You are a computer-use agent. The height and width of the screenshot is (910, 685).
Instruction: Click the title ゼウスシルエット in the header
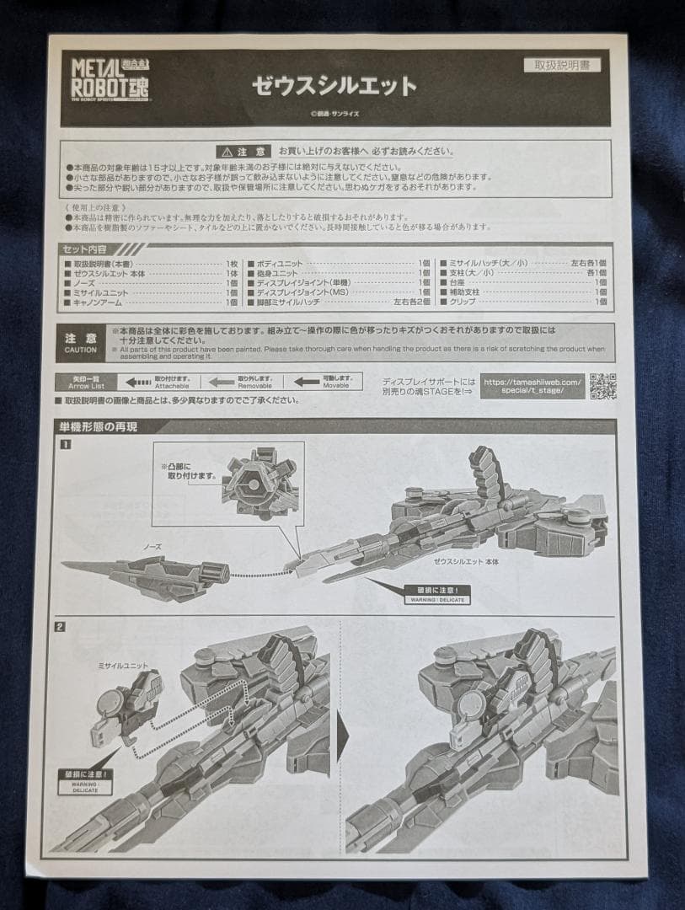coord(334,85)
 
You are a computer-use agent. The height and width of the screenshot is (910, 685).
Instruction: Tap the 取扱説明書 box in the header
coord(562,65)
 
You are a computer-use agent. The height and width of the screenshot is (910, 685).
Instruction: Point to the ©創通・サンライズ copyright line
coord(334,115)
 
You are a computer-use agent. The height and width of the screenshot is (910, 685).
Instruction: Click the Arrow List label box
coord(81,383)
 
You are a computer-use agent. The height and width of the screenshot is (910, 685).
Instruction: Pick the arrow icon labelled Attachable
coord(136,382)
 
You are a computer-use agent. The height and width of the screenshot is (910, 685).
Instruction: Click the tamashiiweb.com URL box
coord(532,386)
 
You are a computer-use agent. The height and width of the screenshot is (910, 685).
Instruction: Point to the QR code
coord(602,385)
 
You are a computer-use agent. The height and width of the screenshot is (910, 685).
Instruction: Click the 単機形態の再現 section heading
coord(99,427)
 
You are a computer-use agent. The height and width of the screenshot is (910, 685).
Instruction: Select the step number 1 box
coord(65,445)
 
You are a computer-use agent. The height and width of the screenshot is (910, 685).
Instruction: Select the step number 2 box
coord(60,626)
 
